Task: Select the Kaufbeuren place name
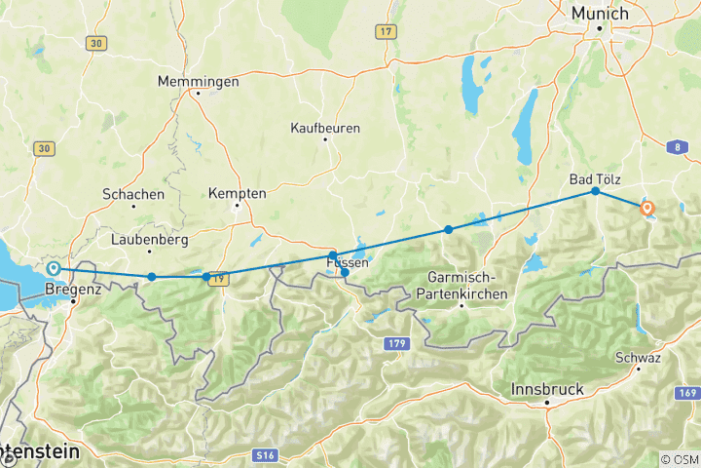pyautogui.click(x=325, y=128)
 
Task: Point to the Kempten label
pyautogui.click(x=237, y=194)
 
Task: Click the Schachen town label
pyautogui.click(x=133, y=194)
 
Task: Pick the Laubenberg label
pyautogui.click(x=147, y=238)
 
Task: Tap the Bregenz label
pyautogui.click(x=73, y=290)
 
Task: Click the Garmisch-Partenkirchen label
pyautogui.click(x=462, y=284)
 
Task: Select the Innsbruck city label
pyautogui.click(x=547, y=389)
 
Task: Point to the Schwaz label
pyautogui.click(x=639, y=358)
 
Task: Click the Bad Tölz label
pyautogui.click(x=595, y=178)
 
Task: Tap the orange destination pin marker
pyautogui.click(x=646, y=208)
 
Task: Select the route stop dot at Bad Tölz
pyautogui.click(x=596, y=191)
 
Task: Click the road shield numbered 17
pyautogui.click(x=387, y=32)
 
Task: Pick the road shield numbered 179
pyautogui.click(x=394, y=343)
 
